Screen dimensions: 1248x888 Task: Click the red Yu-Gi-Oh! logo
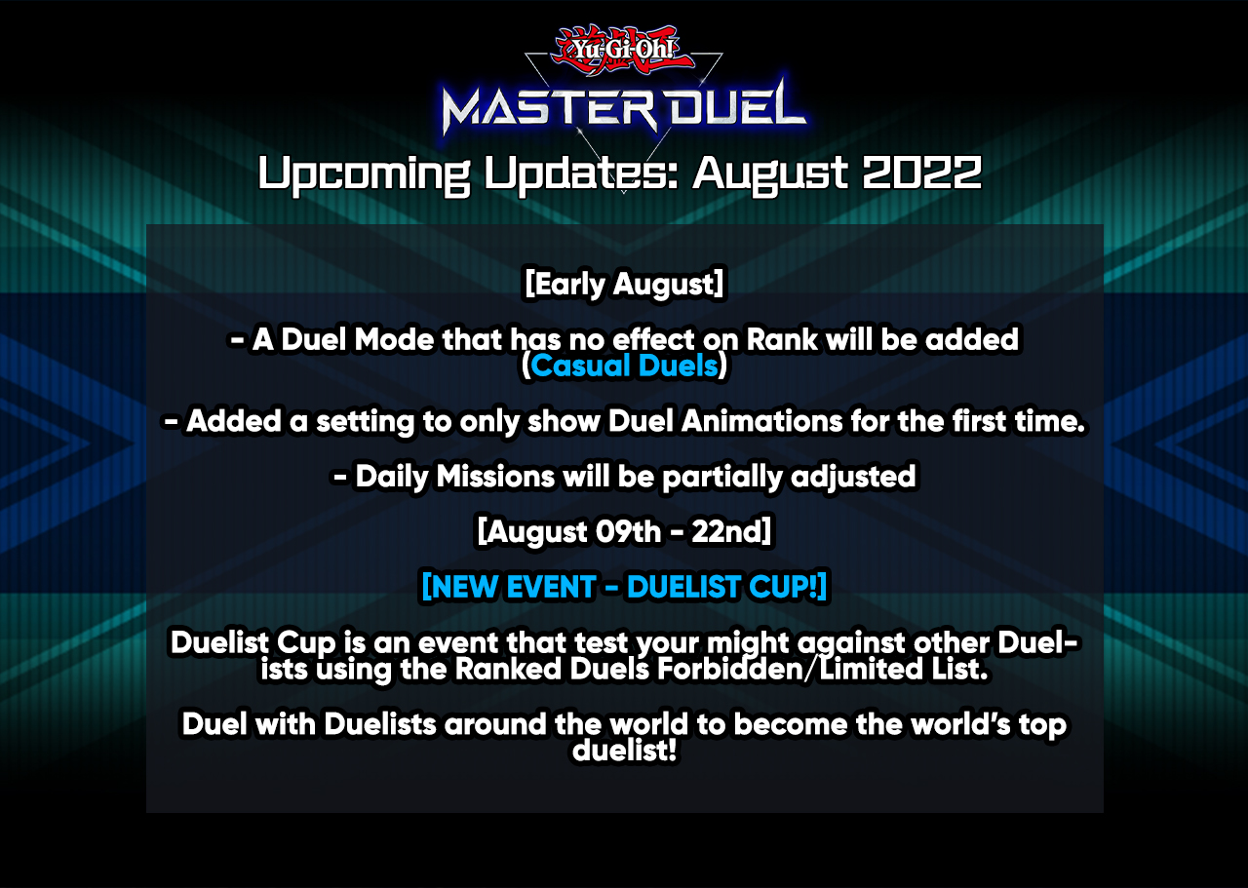[x=623, y=50]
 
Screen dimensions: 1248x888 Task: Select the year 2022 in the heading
[x=921, y=173]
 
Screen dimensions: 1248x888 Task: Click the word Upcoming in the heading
[x=365, y=174]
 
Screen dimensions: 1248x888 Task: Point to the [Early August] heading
[x=624, y=284]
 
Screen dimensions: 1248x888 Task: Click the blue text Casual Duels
[x=624, y=366]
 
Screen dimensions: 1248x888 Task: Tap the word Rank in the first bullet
[x=782, y=339]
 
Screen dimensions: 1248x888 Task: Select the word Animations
[x=761, y=420]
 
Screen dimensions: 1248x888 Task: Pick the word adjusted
[x=853, y=478]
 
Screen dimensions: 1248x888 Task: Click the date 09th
[x=628, y=531]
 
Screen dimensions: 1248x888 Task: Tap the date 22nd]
[x=731, y=531]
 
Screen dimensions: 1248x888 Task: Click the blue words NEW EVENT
[x=508, y=587]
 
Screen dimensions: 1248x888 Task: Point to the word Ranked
[x=508, y=669]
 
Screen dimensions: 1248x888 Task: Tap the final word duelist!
[x=624, y=750]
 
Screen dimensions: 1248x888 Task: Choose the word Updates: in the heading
[x=581, y=174]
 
